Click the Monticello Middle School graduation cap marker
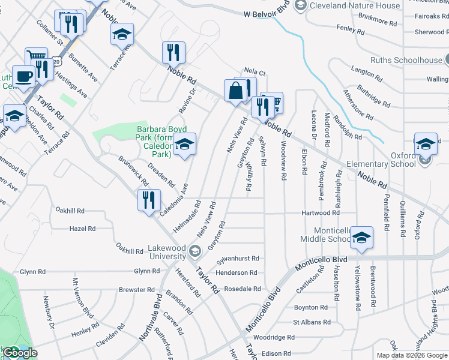(x=361, y=238)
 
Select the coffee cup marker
(x=23, y=77)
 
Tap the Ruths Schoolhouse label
(x=406, y=60)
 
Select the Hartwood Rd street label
(x=321, y=213)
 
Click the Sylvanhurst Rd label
(x=238, y=259)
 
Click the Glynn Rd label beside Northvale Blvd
(x=147, y=271)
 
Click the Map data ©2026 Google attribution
(x=412, y=355)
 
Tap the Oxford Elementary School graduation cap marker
(x=426, y=144)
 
